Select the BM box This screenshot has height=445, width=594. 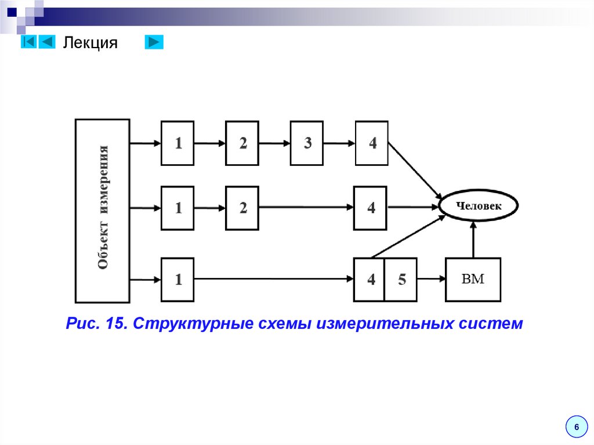[x=473, y=280]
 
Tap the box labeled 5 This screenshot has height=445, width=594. [x=401, y=280]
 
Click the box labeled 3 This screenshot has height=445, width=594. [x=307, y=143]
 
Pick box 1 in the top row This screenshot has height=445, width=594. [x=178, y=143]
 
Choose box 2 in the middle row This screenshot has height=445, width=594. [x=242, y=207]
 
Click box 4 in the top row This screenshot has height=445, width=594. [x=372, y=143]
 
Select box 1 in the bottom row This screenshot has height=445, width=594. [x=178, y=280]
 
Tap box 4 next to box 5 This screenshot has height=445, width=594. [x=370, y=280]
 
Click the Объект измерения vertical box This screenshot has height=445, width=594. [x=103, y=211]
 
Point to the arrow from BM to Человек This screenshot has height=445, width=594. [x=473, y=241]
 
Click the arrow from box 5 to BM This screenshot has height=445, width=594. [x=431, y=280]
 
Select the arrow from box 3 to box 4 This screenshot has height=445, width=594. [x=339, y=143]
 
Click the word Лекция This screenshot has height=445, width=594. [x=90, y=42]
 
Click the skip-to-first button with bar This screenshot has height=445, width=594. [x=28, y=42]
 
